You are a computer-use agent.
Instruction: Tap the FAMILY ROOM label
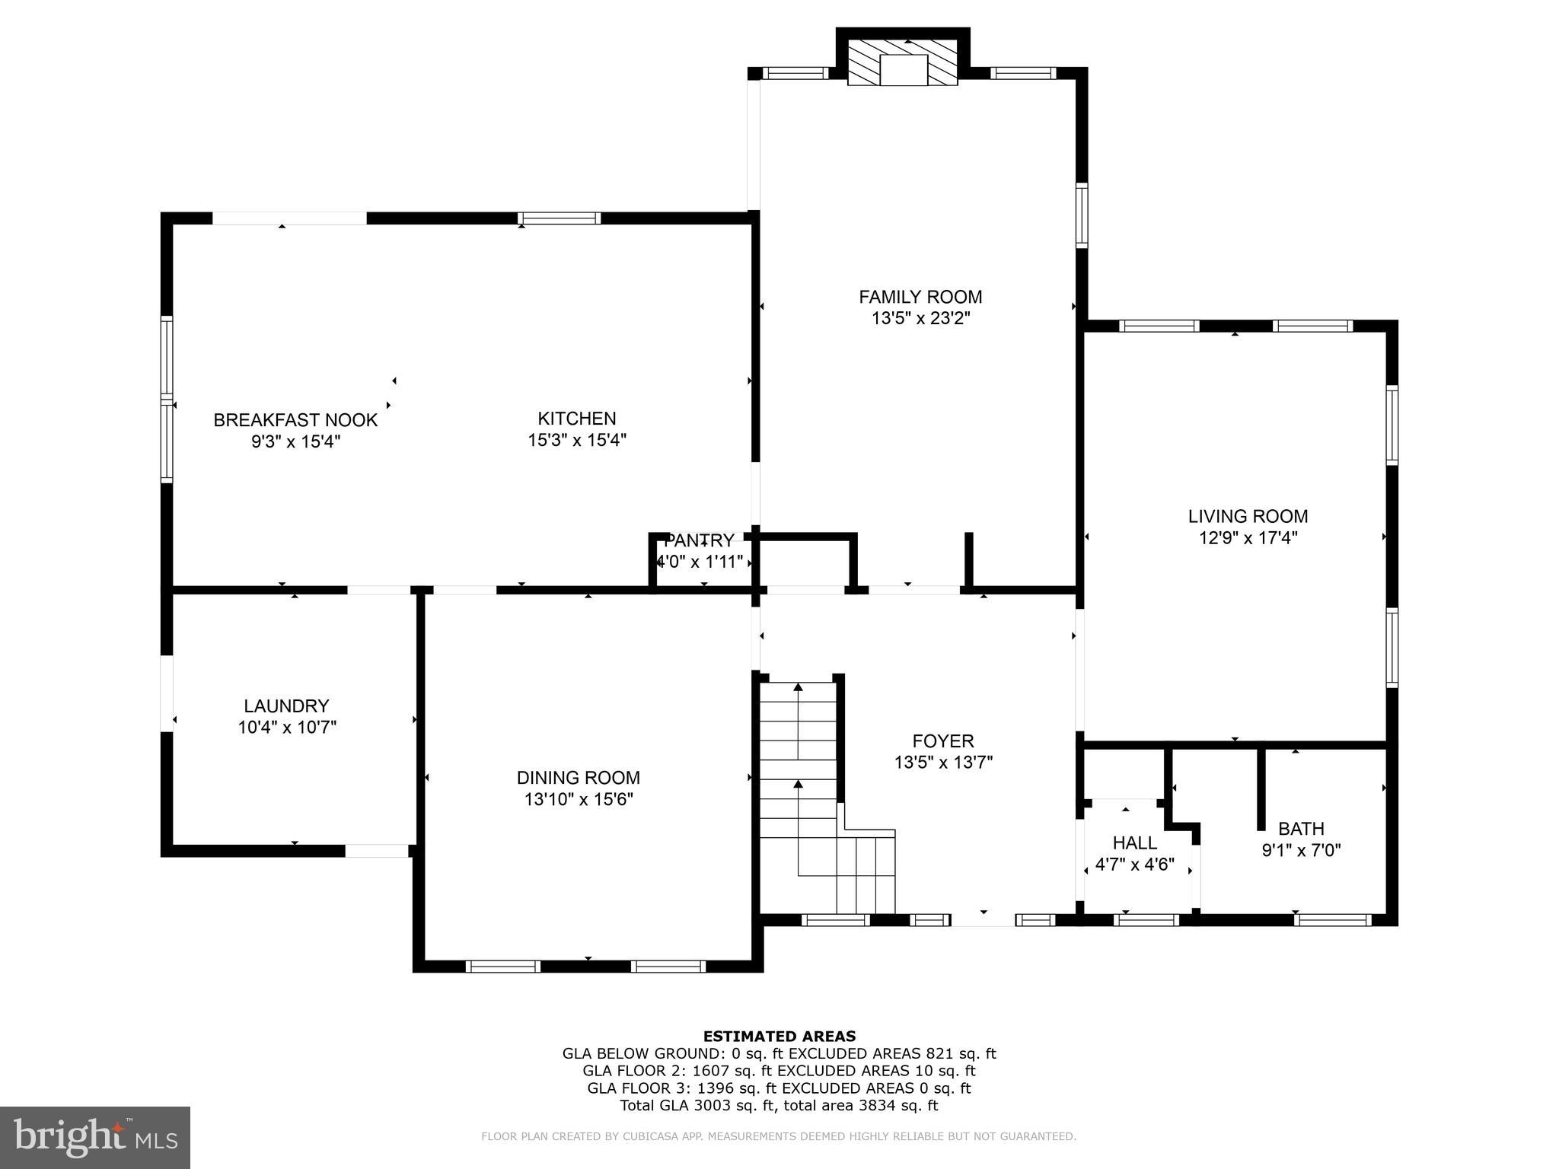click(x=920, y=297)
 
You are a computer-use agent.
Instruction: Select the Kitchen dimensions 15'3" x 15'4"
click(x=577, y=440)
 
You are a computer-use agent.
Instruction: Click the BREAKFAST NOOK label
click(x=295, y=420)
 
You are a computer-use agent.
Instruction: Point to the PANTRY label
click(x=699, y=541)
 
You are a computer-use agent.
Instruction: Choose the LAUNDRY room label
click(x=286, y=706)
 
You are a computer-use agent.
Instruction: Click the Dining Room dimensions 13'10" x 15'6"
click(x=579, y=799)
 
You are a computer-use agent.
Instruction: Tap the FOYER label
click(x=943, y=741)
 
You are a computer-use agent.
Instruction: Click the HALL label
click(x=1134, y=843)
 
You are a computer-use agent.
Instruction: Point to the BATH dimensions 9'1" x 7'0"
click(x=1301, y=850)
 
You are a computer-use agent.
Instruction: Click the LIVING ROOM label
click(x=1248, y=516)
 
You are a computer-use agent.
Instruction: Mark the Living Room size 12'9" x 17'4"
click(x=1248, y=538)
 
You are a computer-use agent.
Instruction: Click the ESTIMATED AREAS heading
click(x=779, y=1036)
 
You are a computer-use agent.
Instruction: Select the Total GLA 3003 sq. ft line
click(x=779, y=1106)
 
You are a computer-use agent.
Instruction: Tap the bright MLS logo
click(x=95, y=1138)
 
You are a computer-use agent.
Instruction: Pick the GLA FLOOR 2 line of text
click(x=779, y=1071)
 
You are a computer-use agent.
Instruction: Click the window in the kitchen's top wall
click(x=559, y=218)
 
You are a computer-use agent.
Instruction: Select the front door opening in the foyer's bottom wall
click(x=983, y=920)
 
